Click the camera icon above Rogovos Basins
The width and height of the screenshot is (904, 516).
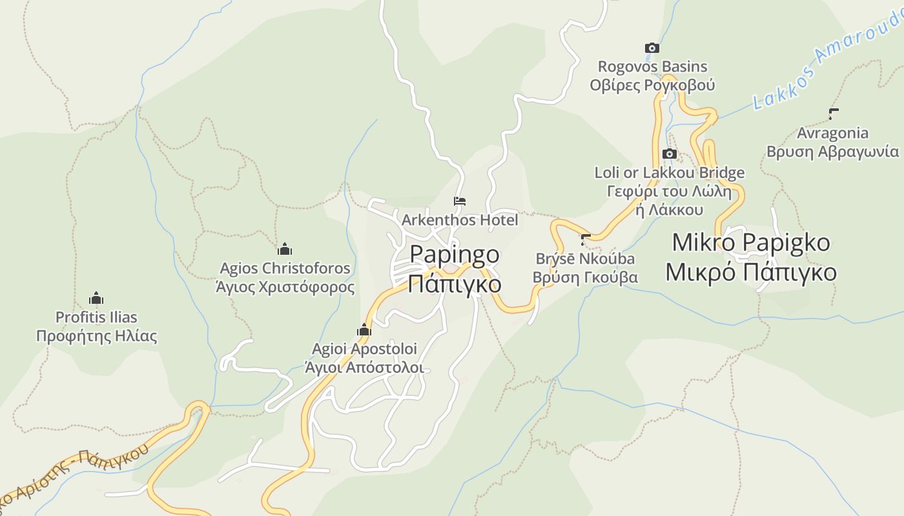coord(652,48)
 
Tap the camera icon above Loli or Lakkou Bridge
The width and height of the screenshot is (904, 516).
coord(670,154)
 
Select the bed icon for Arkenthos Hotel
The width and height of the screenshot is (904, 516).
coord(460,202)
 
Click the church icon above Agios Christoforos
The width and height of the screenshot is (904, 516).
coord(285,250)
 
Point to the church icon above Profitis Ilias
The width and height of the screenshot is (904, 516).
coord(96,299)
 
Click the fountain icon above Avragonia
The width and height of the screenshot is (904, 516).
coord(833,115)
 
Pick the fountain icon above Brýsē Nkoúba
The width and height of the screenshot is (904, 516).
coord(586,241)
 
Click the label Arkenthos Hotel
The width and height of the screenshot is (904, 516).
coord(460,220)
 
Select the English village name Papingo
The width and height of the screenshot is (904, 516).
coord(455,254)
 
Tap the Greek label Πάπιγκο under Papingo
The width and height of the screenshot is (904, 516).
coord(455,283)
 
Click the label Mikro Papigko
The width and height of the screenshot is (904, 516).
coord(751,243)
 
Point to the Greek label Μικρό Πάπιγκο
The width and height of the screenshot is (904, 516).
coord(751,272)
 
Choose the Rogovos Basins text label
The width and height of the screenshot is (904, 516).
coord(652,66)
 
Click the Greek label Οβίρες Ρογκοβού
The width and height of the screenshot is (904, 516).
coord(652,85)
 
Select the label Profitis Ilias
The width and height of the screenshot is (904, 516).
coord(96,317)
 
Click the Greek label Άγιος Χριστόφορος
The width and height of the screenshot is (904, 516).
coord(285,287)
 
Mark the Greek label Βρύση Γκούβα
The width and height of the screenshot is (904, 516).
coord(584,277)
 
